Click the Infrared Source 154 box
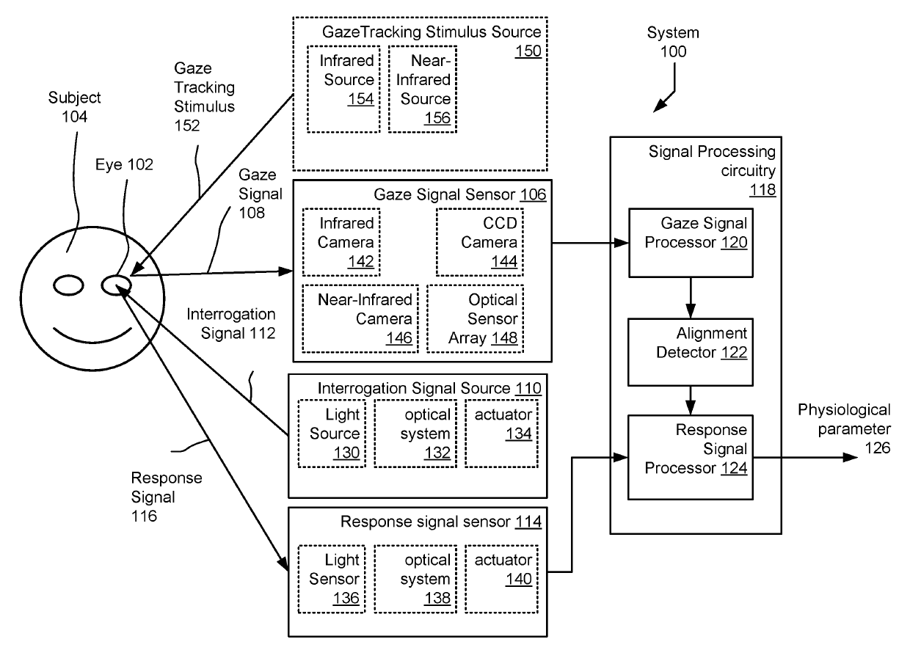pyautogui.click(x=343, y=89)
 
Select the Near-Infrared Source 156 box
pyautogui.click(x=423, y=89)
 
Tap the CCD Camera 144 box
pyautogui.click(x=480, y=242)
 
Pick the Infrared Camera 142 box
pyautogui.click(x=341, y=242)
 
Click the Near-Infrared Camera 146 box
pyautogui.click(x=360, y=318)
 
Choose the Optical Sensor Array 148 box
pyautogui.click(x=476, y=318)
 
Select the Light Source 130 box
pyautogui.click(x=332, y=434)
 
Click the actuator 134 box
pyautogui.click(x=502, y=434)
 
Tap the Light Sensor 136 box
pyautogui.click(x=332, y=579)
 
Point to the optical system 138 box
pyautogui.click(x=415, y=579)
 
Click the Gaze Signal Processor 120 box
pyautogui.click(x=691, y=243)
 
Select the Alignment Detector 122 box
pyautogui.click(x=691, y=352)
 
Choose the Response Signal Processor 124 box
pyautogui.click(x=691, y=457)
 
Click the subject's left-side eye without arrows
pyautogui.click(x=68, y=285)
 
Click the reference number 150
pyautogui.click(x=528, y=51)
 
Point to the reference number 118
pyautogui.click(x=762, y=189)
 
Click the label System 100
pyautogui.click(x=673, y=42)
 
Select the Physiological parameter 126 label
pyautogui.click(x=844, y=428)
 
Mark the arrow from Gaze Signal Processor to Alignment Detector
pyautogui.click(x=691, y=298)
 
